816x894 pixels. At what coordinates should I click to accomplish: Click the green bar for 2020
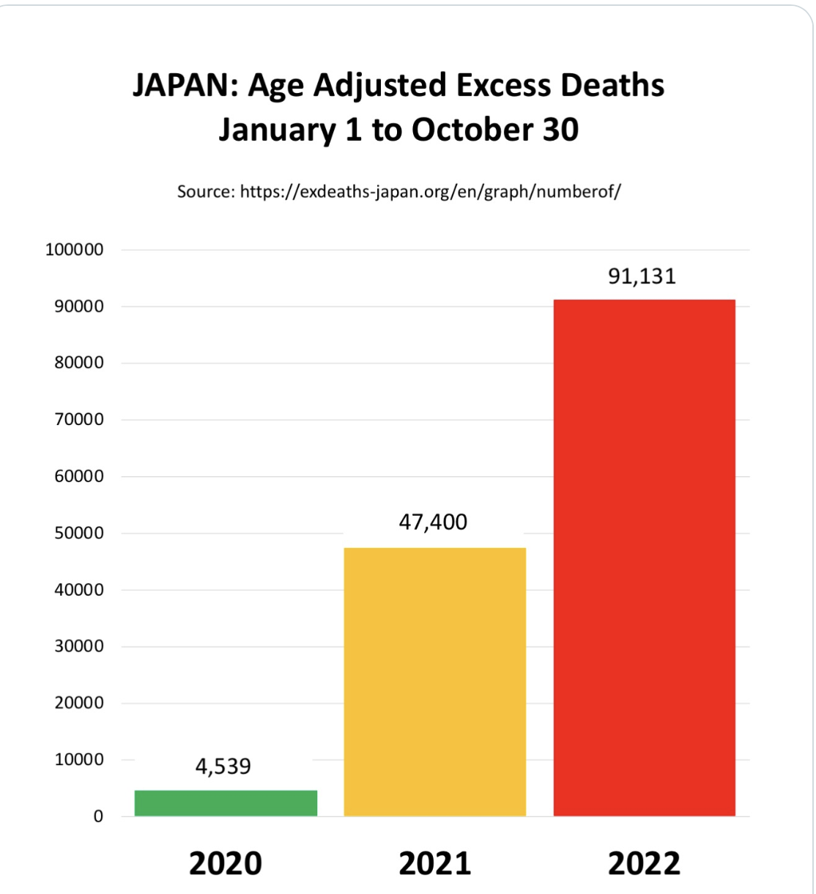226,802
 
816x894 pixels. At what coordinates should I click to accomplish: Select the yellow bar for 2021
434,681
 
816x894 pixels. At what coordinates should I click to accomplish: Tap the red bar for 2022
644,558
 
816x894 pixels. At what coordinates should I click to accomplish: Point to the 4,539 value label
223,766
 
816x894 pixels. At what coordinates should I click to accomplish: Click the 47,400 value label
433,522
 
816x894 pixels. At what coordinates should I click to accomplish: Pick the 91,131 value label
642,276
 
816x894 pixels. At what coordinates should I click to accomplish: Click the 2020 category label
226,863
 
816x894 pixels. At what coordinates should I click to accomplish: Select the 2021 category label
434,863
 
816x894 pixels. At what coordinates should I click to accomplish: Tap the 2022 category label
644,863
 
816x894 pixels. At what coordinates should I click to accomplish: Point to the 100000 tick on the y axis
75,250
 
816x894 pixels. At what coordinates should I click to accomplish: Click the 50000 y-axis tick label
79,533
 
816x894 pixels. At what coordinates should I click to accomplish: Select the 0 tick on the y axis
98,816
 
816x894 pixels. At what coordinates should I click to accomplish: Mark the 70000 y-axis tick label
79,419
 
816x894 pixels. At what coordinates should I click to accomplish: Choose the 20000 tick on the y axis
79,703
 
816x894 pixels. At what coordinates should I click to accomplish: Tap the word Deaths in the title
612,85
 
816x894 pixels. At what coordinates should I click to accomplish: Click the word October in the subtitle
472,130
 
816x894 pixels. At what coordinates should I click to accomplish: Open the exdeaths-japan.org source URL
430,192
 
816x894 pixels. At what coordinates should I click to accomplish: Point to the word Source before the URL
206,192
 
